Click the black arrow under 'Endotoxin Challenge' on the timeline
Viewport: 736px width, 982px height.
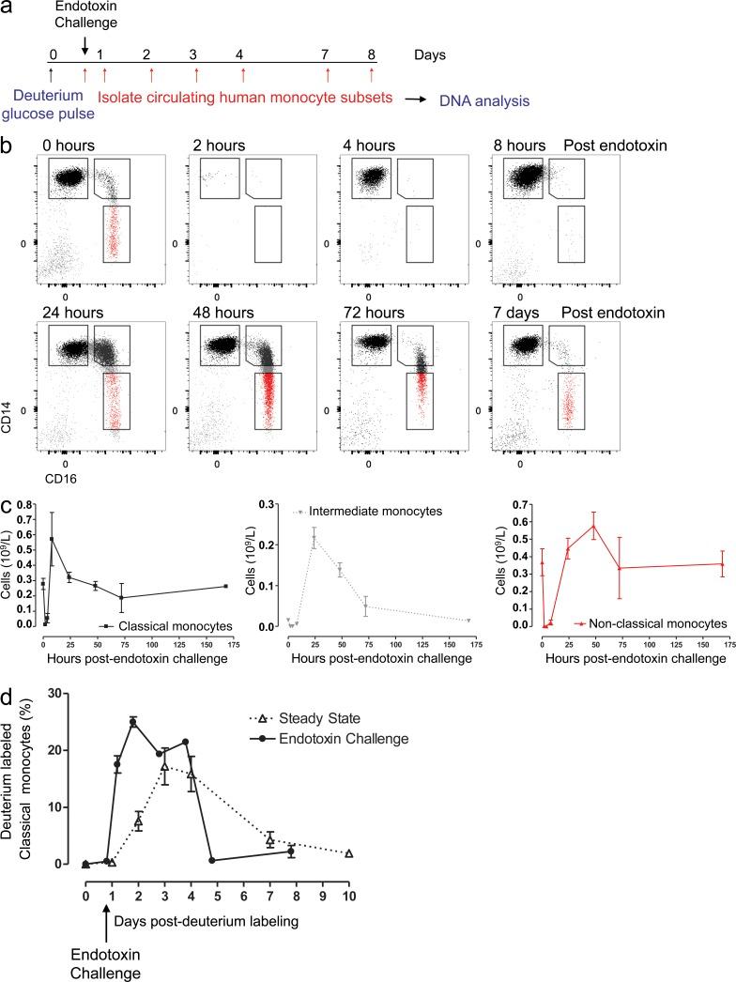click(x=85, y=45)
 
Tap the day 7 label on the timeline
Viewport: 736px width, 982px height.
click(x=327, y=55)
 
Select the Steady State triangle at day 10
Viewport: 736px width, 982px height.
click(x=348, y=853)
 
